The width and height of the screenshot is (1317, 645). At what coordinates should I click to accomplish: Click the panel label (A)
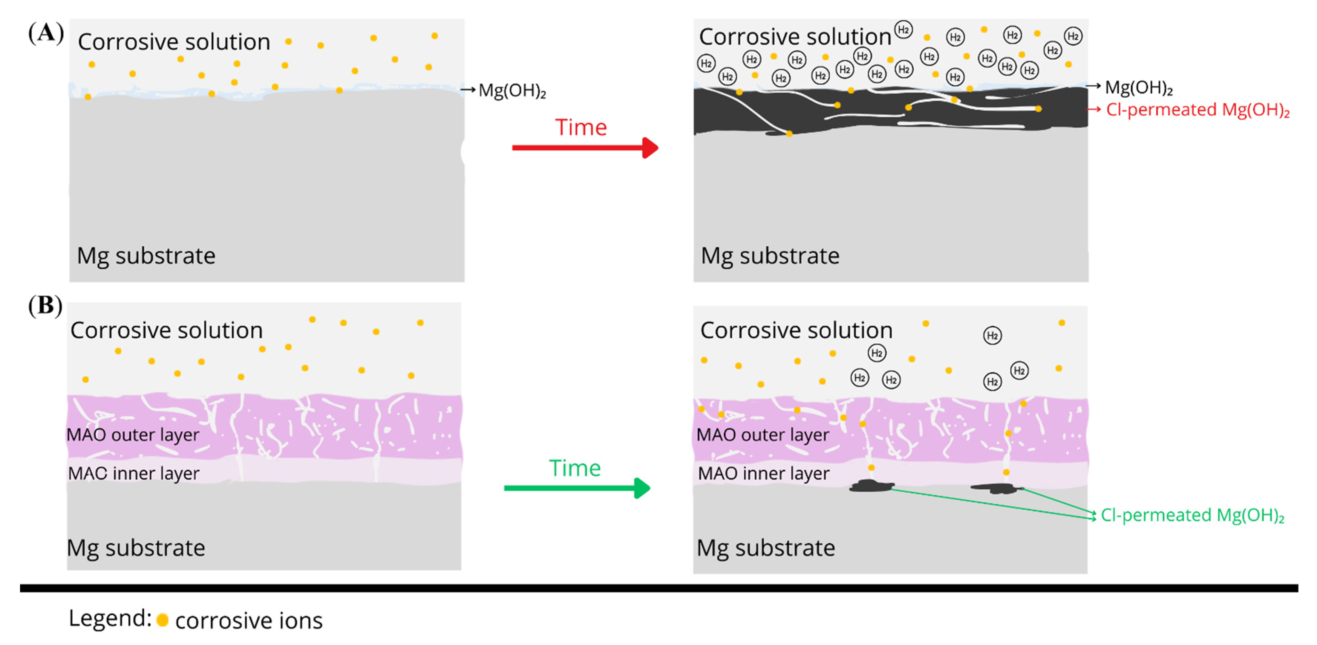pos(46,34)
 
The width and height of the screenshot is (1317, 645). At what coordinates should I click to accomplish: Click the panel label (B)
pos(45,306)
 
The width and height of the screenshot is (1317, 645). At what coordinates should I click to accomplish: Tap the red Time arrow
pos(585,148)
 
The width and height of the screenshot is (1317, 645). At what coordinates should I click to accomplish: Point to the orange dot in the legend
pos(163,620)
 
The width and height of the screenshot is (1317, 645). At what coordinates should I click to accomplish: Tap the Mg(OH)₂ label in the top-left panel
pos(512,91)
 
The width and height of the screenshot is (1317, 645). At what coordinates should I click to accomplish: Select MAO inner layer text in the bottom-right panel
pos(763,473)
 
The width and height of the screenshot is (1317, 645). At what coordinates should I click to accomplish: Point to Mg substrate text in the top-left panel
pos(146,256)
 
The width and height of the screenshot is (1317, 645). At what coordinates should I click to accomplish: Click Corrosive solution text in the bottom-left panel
pos(167,330)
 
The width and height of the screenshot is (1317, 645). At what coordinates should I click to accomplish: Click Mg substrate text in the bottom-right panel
pos(766,548)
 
